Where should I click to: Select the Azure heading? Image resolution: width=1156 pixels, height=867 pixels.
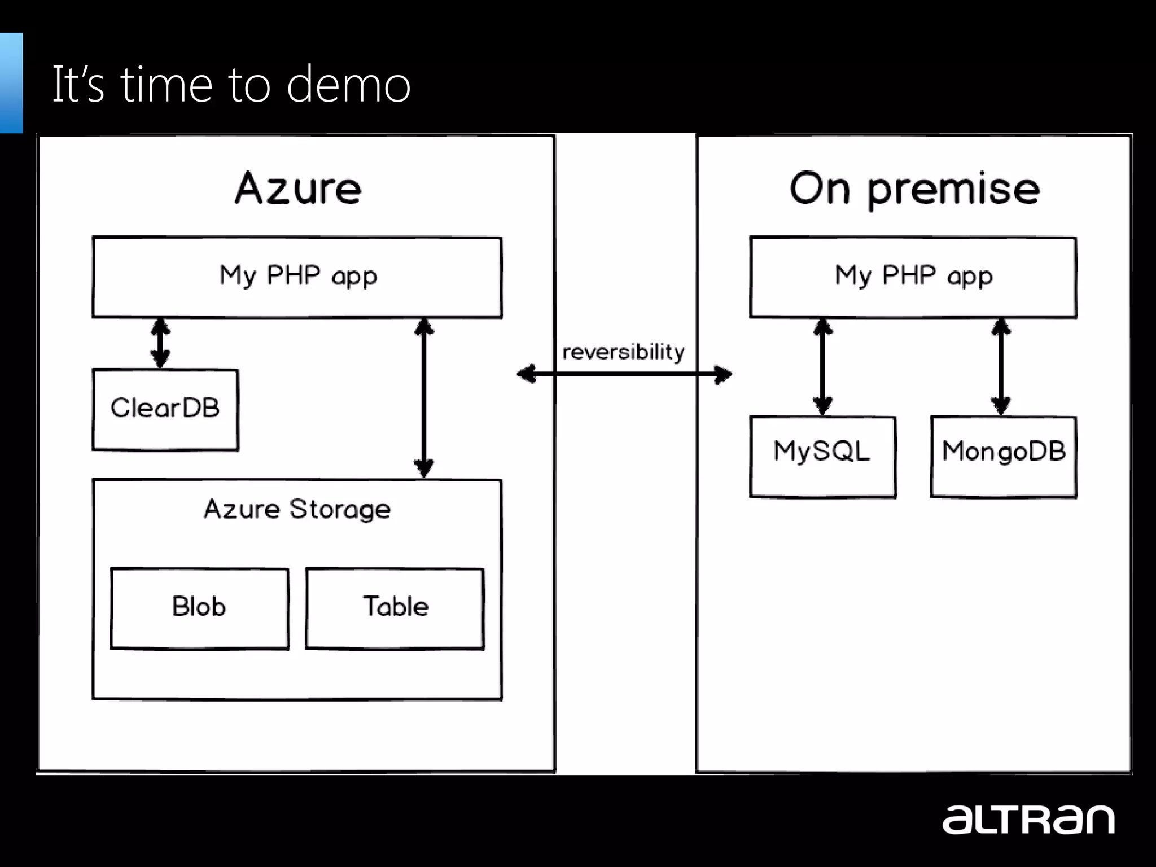point(298,188)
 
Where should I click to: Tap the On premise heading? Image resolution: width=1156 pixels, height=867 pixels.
point(914,188)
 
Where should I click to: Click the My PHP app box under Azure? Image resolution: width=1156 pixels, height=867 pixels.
point(297,277)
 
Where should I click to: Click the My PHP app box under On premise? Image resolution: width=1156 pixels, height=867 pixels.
point(913,277)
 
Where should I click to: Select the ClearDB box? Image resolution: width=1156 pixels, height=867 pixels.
point(165,409)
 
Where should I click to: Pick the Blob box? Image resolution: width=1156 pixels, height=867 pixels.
point(199,608)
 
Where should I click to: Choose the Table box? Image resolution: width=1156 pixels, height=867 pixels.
point(395,608)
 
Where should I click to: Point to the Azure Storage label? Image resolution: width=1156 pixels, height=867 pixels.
point(297,509)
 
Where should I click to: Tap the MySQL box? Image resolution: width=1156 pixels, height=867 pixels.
point(822,456)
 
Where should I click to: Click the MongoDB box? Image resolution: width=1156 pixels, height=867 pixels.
point(1003,456)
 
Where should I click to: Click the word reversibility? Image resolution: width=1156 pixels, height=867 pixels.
point(623,352)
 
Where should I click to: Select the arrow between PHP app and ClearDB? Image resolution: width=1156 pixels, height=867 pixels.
point(160,343)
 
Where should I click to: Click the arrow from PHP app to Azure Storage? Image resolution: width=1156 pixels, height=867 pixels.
point(424,398)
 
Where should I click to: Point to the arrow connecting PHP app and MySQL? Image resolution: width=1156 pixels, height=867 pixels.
point(822,367)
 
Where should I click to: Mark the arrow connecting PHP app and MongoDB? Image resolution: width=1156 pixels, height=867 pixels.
point(1001,367)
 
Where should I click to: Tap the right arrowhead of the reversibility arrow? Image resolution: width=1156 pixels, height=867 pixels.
point(722,374)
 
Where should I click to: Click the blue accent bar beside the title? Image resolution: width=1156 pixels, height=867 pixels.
point(11,83)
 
